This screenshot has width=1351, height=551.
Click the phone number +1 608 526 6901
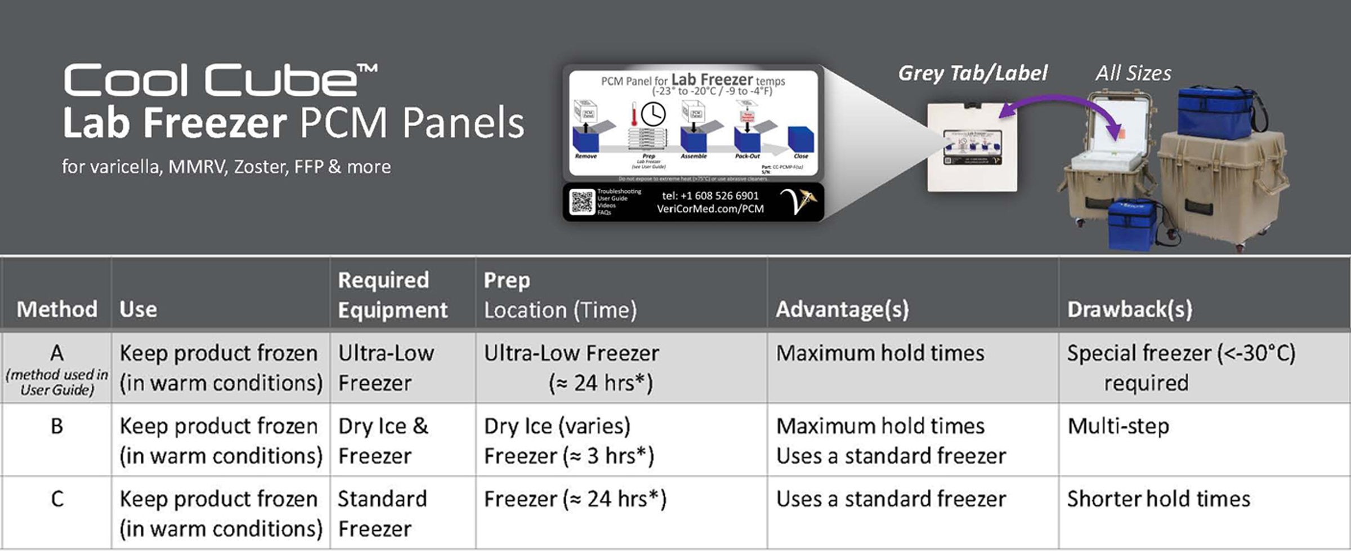[x=710, y=195]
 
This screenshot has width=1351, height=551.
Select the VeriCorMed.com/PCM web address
[x=710, y=209]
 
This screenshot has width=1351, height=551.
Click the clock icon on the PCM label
[x=652, y=114]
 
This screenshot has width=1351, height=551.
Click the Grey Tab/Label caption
[x=972, y=73]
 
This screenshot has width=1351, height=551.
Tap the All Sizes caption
[x=1133, y=73]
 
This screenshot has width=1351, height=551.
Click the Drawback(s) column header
[x=1129, y=309]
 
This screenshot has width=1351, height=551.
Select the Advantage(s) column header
[x=842, y=309]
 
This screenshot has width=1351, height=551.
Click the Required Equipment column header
[x=392, y=295]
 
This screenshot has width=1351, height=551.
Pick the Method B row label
[x=57, y=426]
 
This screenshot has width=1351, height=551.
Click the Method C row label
[x=57, y=499]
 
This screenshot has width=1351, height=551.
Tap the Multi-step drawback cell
[x=1118, y=426]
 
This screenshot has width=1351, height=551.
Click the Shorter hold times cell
[x=1158, y=499]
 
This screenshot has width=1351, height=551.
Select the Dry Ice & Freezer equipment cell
[x=383, y=441]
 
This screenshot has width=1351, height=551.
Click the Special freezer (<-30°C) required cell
[x=1180, y=368]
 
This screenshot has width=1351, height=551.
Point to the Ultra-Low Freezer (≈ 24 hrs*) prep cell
[x=571, y=368]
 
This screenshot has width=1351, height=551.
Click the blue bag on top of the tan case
[x=1216, y=112]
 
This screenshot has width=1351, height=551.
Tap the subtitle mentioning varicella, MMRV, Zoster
[x=226, y=167]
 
